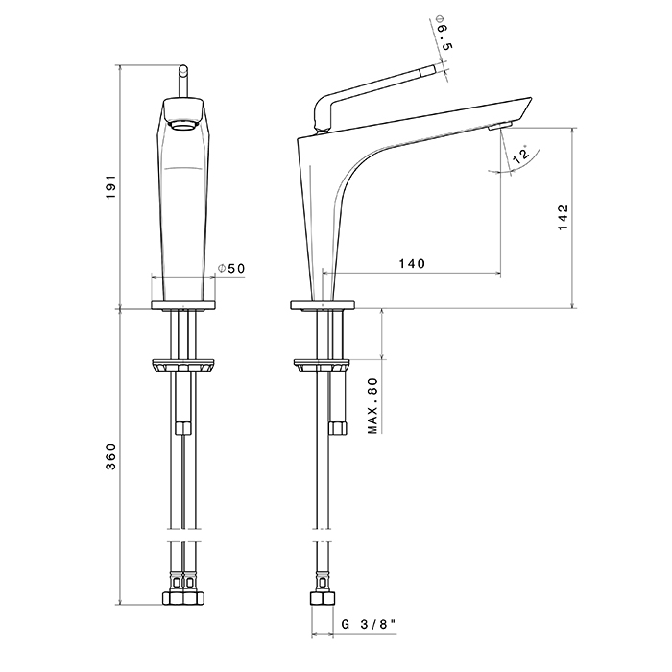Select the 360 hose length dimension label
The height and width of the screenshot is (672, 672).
pyautogui.click(x=111, y=457)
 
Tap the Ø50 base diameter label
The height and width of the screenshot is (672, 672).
pyautogui.click(x=231, y=270)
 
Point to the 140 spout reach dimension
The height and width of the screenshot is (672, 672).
pyautogui.click(x=410, y=263)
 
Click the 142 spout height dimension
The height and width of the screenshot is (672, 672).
pyautogui.click(x=563, y=217)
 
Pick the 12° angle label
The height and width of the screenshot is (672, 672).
pyautogui.click(x=522, y=156)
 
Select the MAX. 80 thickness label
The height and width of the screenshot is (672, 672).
pyautogui.click(x=373, y=405)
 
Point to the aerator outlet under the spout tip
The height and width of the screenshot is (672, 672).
pyautogui.click(x=498, y=126)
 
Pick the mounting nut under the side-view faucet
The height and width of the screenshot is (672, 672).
pyautogui.click(x=322, y=366)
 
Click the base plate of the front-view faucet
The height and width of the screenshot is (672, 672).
pyautogui.click(x=182, y=307)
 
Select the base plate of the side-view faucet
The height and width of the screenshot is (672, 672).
pyautogui.click(x=323, y=307)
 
